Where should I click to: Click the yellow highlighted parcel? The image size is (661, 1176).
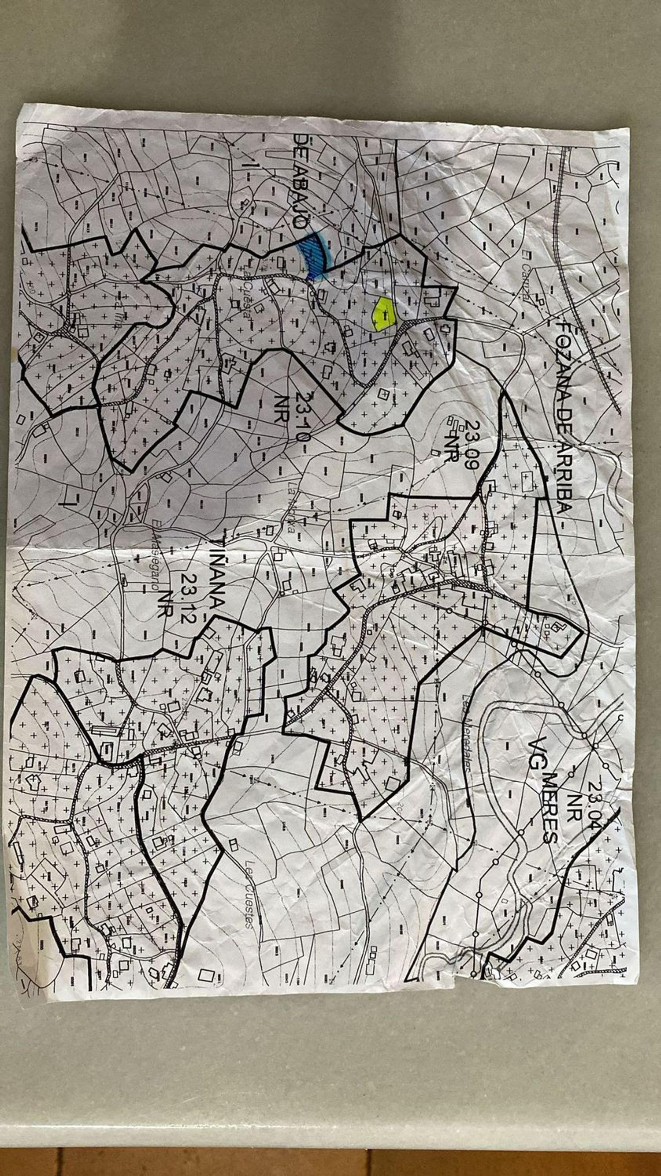384,314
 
